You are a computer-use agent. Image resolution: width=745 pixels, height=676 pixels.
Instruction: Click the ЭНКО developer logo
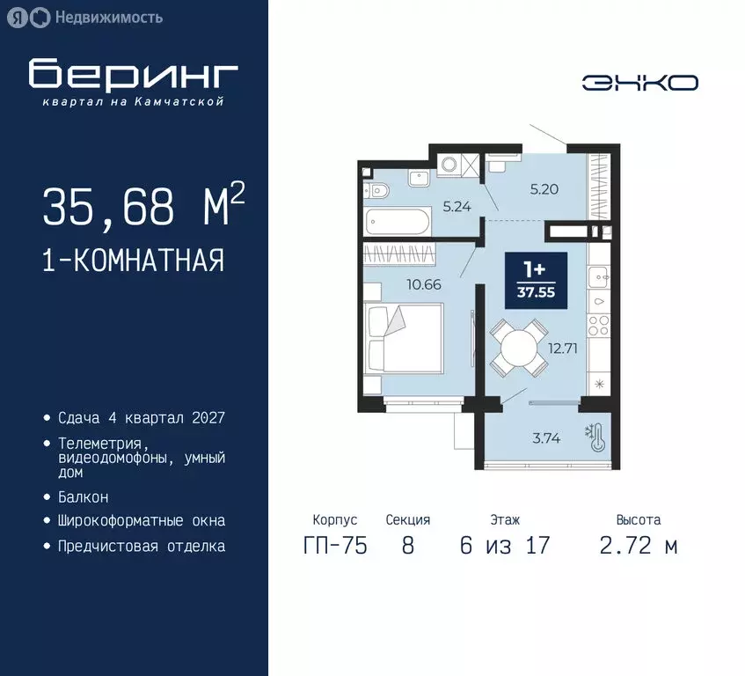tap(639, 83)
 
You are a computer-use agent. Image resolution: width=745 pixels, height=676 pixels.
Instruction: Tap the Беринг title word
tap(134, 76)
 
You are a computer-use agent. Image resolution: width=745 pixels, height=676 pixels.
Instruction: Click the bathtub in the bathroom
tap(396, 222)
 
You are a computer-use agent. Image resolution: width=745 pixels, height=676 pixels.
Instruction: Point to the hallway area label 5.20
tap(544, 187)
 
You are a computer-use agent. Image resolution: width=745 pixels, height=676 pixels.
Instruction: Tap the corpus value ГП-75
tap(334, 546)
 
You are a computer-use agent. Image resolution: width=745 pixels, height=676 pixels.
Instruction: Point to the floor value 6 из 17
tap(504, 546)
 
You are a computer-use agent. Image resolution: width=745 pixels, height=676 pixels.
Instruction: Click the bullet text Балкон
tap(84, 497)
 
